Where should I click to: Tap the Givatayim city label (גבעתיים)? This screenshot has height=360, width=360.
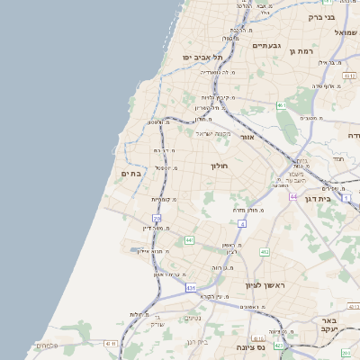click(269, 46)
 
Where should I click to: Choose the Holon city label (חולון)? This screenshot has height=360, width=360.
click(220, 166)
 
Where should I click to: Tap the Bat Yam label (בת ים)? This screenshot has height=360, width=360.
click(130, 174)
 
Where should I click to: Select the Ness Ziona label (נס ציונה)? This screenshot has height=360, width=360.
click(251, 346)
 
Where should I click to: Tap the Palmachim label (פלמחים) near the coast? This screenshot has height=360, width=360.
click(47, 346)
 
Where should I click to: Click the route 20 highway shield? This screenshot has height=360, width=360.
click(157, 218)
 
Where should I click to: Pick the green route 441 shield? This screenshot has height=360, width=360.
click(189, 240)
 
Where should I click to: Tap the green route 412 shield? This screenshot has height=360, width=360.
click(265, 252)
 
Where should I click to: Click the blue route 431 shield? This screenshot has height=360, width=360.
click(191, 287)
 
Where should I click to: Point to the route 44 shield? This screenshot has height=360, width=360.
click(292, 195)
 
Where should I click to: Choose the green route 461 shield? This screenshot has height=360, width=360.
click(282, 105)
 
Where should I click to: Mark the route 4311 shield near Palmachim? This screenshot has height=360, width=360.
click(112, 343)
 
